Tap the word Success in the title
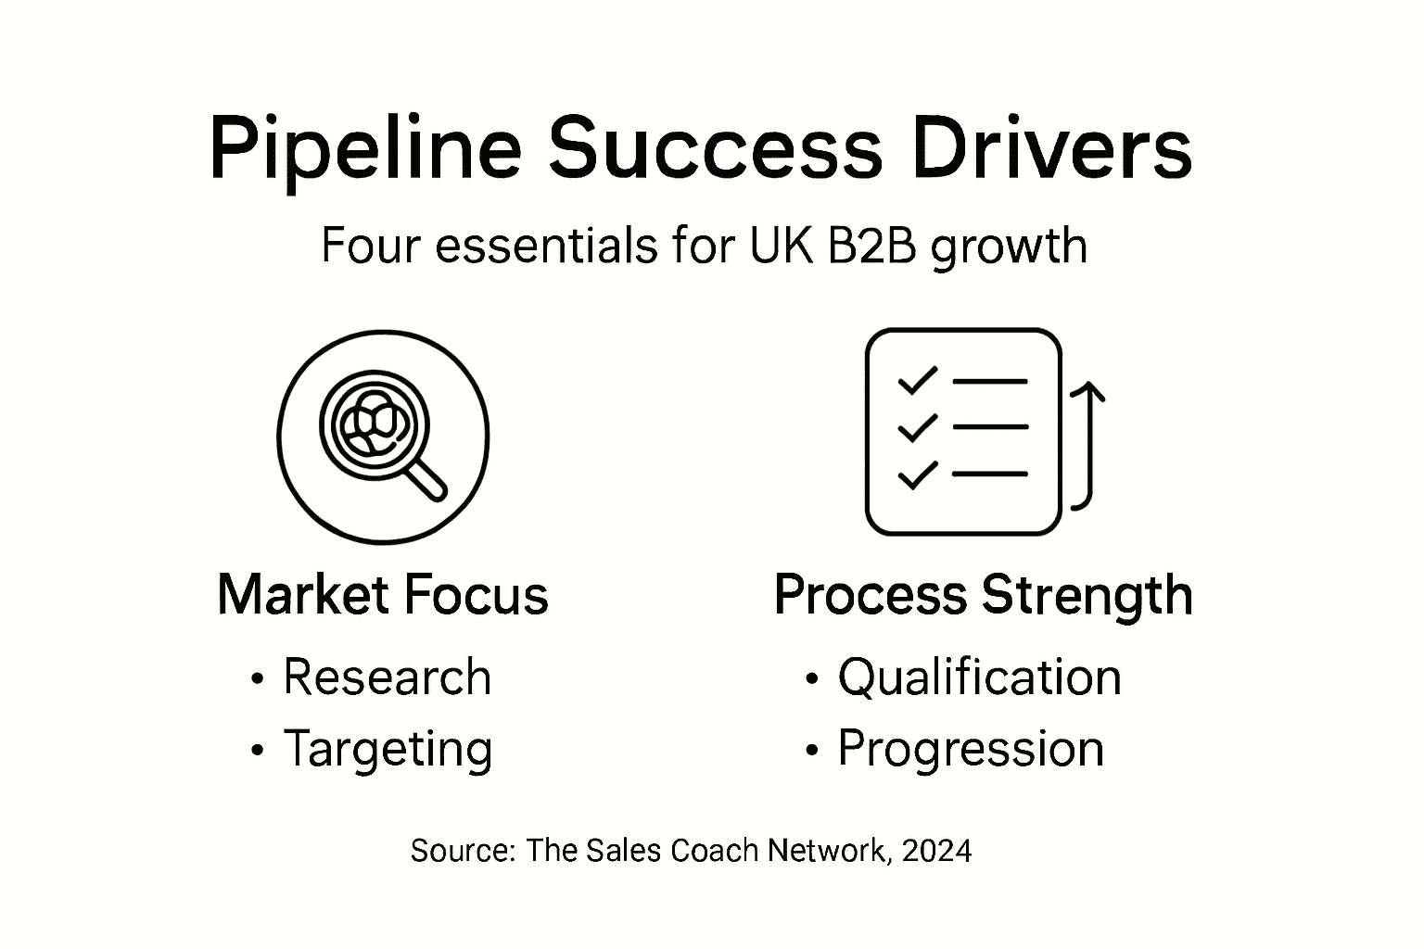coord(715,148)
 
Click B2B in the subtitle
coord(867,246)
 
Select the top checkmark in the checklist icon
coord(917,381)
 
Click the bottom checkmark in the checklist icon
coord(917,474)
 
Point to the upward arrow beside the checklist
coord(1087,445)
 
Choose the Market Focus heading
coord(382,595)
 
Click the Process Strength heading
coord(983,595)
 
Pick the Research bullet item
coord(387,677)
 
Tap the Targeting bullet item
coord(388,749)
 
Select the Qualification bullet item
coord(979,677)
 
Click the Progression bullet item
coord(971,749)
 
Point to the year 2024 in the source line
coord(935,850)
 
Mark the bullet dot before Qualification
coord(813,680)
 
